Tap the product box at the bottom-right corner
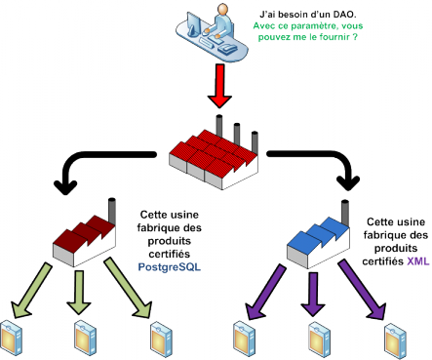point(391,336)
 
